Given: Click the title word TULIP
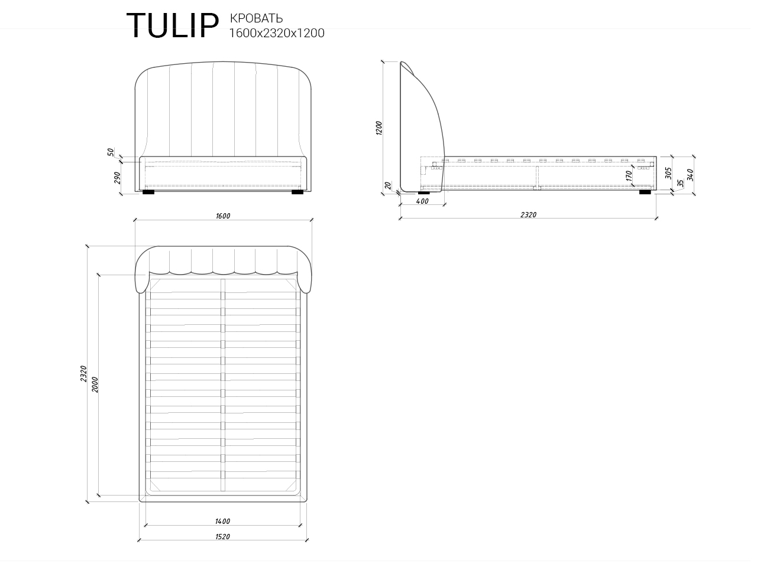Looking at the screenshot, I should click(172, 27).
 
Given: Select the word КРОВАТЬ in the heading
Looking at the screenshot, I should click(256, 19).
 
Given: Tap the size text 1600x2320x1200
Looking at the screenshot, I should click(277, 34).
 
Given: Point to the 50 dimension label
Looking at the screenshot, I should click(111, 152).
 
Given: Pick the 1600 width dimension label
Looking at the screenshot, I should click(223, 216).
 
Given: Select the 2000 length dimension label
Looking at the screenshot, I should click(95, 384).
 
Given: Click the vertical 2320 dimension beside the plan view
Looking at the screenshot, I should click(84, 373).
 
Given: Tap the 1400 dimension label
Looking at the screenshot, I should click(222, 522).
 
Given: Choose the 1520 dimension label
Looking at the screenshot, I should click(222, 537).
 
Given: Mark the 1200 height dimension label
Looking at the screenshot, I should click(380, 128).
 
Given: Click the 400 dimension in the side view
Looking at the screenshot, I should click(422, 201).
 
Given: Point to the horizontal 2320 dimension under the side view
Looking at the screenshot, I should click(528, 215).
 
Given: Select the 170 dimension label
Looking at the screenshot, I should click(629, 175).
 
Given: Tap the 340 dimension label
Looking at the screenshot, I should click(690, 175).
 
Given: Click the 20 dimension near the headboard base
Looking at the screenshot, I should click(388, 185).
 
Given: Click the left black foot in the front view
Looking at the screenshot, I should click(148, 192).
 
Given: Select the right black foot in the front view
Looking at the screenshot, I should click(297, 192).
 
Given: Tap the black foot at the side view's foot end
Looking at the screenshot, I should click(645, 192).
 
